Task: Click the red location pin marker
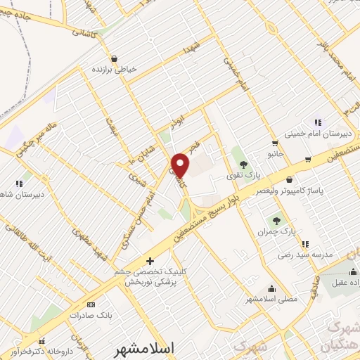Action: coord(181,165)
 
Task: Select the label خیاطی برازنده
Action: coord(114,70)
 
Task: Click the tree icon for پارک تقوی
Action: coord(243,165)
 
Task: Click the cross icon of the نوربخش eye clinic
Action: coord(149,261)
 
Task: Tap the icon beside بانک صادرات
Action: coord(90,305)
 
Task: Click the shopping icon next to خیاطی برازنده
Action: coord(114,58)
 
